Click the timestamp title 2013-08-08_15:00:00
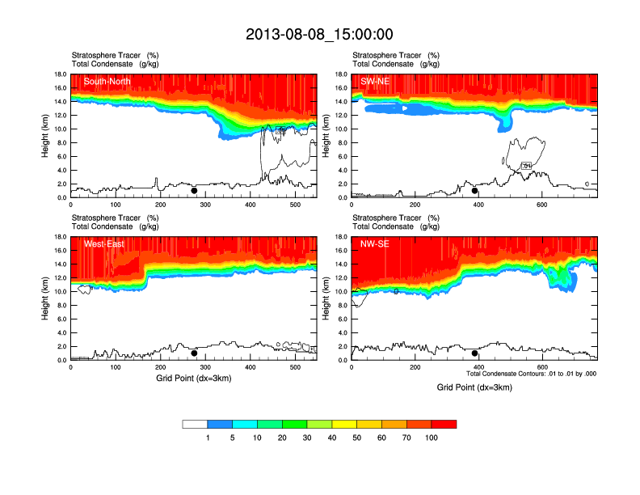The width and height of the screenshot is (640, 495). pos(319,34)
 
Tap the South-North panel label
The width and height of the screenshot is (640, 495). pos(107,81)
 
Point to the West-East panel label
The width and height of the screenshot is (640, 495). pos(103,243)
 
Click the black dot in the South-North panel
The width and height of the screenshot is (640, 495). pos(194,191)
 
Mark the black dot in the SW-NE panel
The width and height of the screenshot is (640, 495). pos(475,191)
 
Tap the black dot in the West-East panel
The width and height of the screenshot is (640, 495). pos(194,353)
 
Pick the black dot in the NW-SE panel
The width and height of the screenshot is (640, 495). pos(475,353)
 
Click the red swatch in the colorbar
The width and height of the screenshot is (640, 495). pos(444,424)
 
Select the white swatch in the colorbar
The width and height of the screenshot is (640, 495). pos(195,424)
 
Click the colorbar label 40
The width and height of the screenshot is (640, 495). pos(332,438)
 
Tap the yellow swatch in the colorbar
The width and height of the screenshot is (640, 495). pos(344,424)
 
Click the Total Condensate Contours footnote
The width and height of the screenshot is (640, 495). pos(531,374)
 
